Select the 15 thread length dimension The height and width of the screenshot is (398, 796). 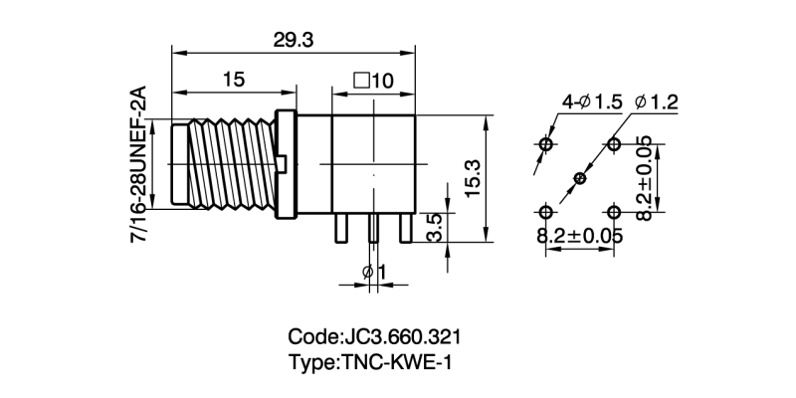click(234, 80)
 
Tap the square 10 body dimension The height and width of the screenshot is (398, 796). click(373, 80)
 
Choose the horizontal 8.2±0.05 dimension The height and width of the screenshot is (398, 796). click(580, 237)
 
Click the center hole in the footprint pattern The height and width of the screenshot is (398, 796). click(580, 178)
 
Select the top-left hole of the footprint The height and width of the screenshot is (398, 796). click(545, 145)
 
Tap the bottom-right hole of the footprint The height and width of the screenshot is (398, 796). click(614, 212)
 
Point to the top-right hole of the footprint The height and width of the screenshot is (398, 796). click(614, 145)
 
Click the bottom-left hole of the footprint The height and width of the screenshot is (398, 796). click(545, 212)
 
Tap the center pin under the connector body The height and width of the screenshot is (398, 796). click(373, 230)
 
